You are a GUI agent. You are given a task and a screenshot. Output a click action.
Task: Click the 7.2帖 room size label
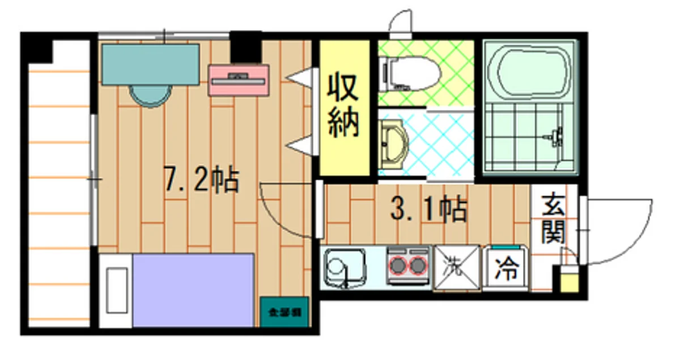[x=201, y=180]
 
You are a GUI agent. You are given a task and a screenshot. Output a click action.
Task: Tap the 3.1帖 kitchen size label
[x=429, y=209]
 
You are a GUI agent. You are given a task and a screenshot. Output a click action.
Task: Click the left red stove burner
[x=397, y=265]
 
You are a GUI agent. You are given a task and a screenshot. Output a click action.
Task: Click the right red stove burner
[x=418, y=265]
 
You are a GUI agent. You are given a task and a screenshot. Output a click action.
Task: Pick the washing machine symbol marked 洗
[x=457, y=266]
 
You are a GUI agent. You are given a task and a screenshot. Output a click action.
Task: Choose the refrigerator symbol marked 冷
[x=506, y=269]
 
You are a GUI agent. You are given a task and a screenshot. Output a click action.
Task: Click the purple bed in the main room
[x=193, y=290]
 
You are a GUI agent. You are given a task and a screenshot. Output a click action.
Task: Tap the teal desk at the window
[x=151, y=64]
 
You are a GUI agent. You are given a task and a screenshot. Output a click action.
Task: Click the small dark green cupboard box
[x=284, y=311]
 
